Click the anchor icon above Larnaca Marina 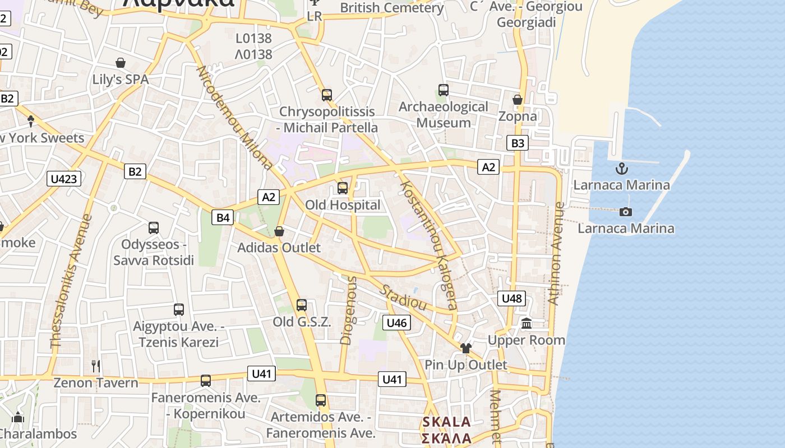[621, 168]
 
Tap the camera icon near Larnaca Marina [626, 212]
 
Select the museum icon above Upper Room [527, 323]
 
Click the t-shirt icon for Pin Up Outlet [466, 348]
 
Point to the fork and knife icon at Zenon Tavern [96, 366]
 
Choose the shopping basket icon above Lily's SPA [121, 62]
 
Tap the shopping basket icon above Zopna [518, 100]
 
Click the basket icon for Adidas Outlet [279, 231]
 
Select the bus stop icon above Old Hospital [343, 188]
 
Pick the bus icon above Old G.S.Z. [302, 305]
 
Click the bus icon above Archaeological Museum [444, 90]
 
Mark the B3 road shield [518, 143]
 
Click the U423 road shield [64, 179]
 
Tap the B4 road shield [223, 217]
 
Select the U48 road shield [511, 298]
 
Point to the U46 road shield [396, 323]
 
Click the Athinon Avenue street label [556, 253]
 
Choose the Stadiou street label [404, 298]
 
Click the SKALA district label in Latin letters [446, 422]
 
